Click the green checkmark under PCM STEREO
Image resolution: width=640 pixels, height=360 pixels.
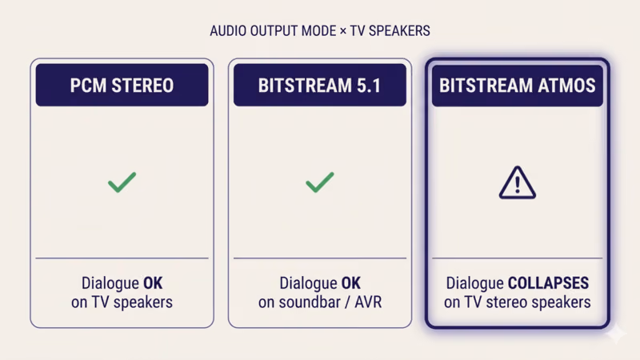tap(122, 183)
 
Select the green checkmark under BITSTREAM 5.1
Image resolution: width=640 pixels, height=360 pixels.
tap(319, 183)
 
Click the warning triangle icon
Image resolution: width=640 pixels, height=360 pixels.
tap(517, 182)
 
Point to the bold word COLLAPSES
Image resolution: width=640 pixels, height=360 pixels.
tap(548, 284)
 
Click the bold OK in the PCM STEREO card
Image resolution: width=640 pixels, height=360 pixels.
tap(152, 284)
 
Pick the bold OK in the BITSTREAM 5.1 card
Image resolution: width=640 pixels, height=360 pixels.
tap(350, 284)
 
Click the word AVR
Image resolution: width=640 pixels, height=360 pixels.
tap(366, 302)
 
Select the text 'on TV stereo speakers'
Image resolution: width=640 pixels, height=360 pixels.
tap(517, 302)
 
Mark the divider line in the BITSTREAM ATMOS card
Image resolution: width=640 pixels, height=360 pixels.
tap(517, 258)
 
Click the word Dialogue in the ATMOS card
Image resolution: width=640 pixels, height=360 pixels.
tap(475, 284)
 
